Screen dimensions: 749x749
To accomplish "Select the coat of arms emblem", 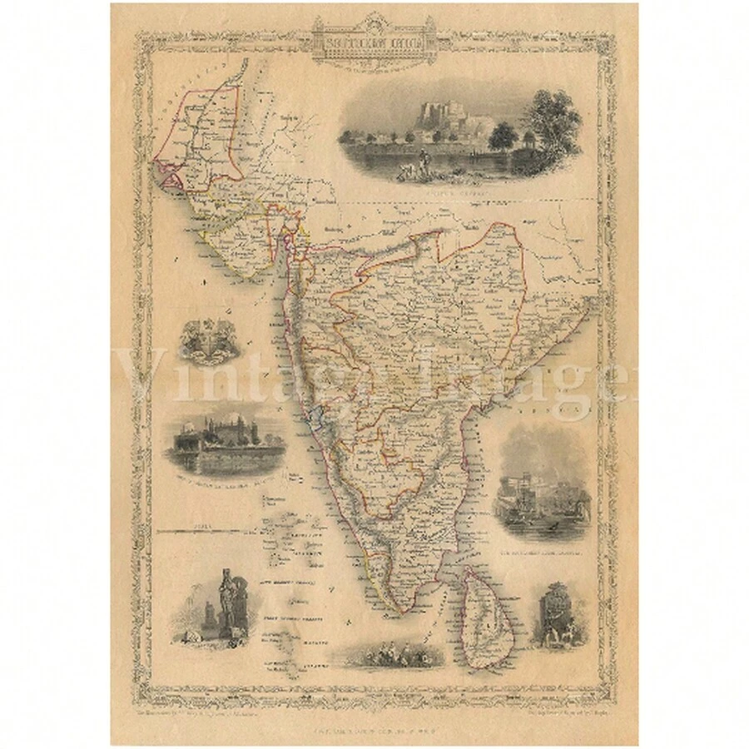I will [205, 342].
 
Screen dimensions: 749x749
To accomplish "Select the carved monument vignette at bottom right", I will [558, 618].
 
